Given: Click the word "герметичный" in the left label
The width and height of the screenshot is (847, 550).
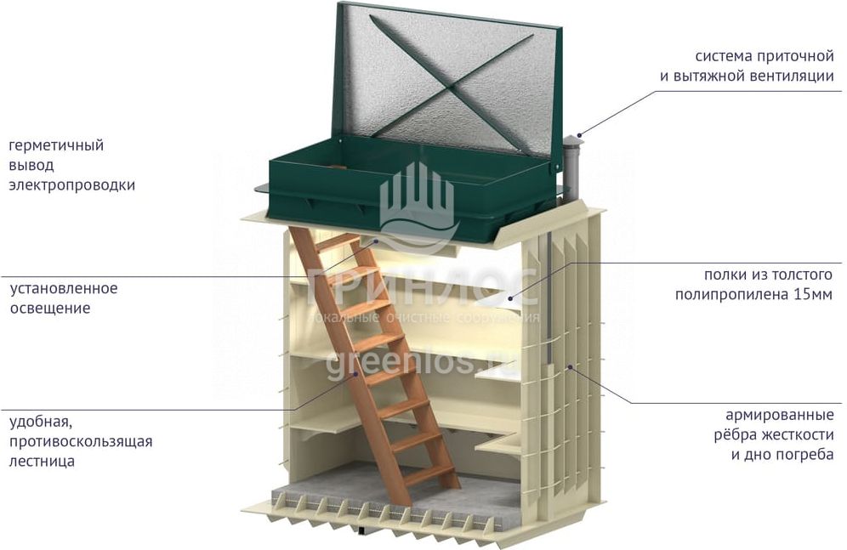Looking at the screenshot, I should click(56, 145).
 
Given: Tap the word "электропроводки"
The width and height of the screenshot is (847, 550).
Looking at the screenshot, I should click(71, 184).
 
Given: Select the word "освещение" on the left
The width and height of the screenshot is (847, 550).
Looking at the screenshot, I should click(49, 308).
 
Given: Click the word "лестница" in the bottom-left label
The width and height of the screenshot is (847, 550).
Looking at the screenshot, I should click(42, 462).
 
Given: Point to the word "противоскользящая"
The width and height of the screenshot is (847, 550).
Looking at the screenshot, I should click(81, 441).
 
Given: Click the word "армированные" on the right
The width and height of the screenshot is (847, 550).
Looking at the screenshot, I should click(779, 416).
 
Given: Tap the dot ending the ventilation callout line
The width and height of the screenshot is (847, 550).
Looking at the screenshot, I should click(579, 134).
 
